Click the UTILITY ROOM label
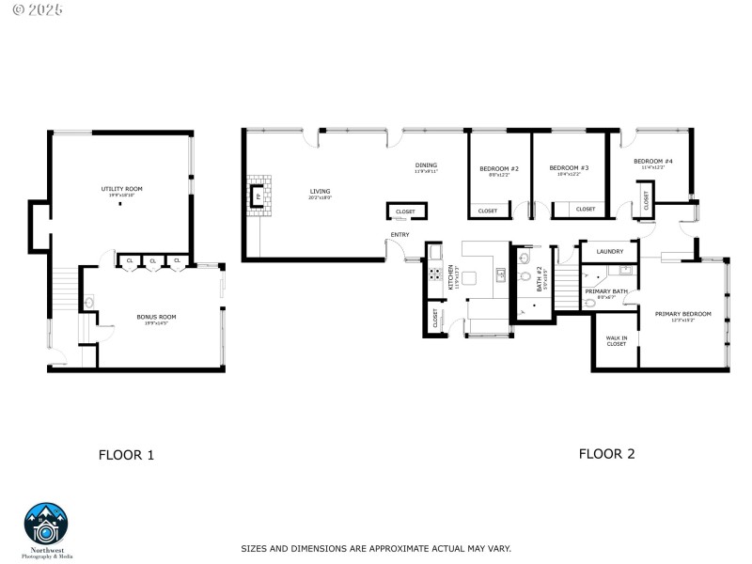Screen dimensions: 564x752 121,189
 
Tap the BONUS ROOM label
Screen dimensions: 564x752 156,317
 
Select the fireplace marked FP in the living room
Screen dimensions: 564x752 258,196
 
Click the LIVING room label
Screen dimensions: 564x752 320,192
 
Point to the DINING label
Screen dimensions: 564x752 426,166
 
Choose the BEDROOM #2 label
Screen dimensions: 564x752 499,169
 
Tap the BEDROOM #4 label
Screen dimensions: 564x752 653,162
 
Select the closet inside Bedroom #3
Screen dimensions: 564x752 585,210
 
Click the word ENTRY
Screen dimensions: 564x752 399,235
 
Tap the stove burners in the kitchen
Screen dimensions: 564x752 435,274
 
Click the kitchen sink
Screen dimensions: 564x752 501,274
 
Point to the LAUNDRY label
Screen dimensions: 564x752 609,251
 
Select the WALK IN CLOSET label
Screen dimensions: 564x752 616,340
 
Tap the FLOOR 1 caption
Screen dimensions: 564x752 126,455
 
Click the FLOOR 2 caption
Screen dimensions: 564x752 606,453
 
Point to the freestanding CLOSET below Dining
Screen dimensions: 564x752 405,211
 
